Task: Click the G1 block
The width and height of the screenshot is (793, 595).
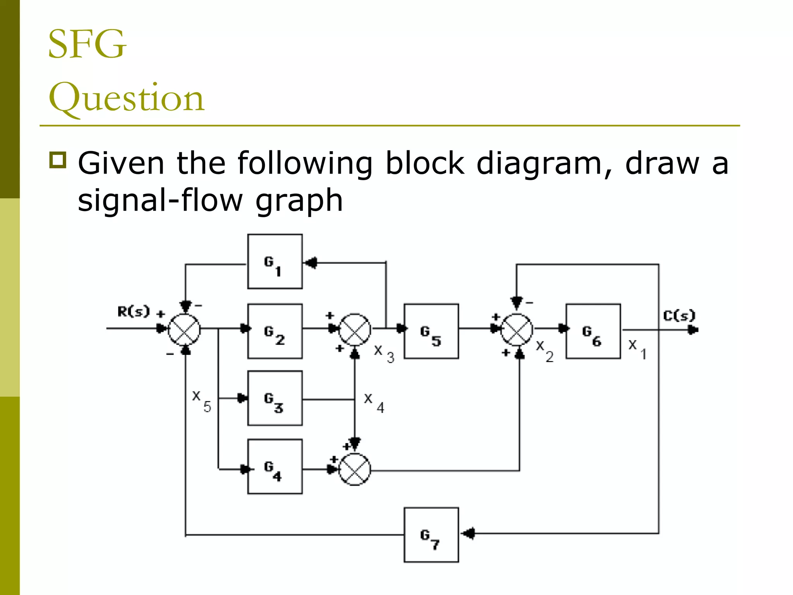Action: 275,261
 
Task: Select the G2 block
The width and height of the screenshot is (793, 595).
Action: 275,331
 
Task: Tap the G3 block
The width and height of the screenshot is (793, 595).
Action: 275,398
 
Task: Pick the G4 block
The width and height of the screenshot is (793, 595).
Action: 275,467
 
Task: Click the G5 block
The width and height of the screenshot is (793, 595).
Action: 431,331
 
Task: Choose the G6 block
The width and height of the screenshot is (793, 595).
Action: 593,331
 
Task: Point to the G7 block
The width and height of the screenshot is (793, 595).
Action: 431,535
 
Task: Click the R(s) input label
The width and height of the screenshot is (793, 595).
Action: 133,311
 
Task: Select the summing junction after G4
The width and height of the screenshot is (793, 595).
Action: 355,469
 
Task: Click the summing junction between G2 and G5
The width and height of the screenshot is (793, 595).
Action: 355,330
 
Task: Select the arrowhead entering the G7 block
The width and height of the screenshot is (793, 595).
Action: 469,533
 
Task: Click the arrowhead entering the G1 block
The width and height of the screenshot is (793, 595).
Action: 311,263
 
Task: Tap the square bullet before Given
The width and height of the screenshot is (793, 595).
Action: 58,160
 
